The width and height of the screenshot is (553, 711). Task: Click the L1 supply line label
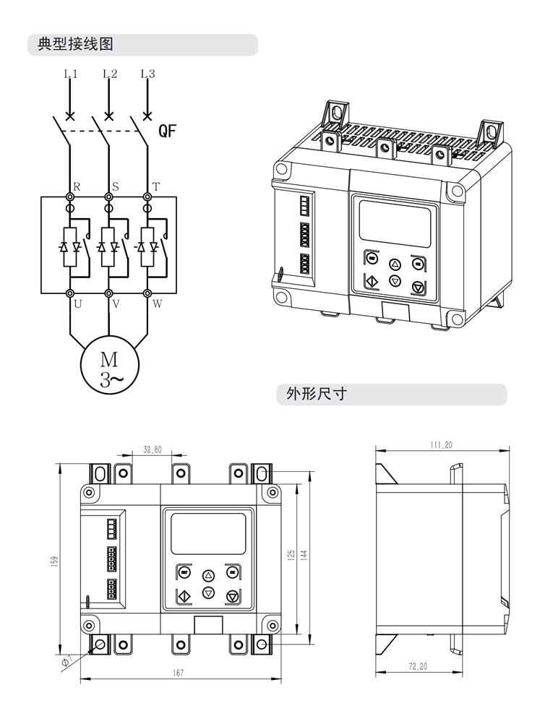[x=70, y=74]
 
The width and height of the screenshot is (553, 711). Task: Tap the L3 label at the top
[x=148, y=74]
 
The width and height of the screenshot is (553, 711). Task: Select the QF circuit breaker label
[x=168, y=131]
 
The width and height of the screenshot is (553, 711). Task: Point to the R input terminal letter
[x=77, y=186]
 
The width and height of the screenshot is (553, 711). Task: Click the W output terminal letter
[x=156, y=304]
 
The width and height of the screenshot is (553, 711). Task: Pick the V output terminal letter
[x=116, y=304]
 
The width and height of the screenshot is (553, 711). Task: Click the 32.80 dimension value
[x=153, y=449]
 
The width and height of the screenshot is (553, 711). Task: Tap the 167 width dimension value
[x=179, y=673]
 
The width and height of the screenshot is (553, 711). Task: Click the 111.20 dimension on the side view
[x=441, y=445]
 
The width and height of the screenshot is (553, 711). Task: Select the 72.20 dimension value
[x=418, y=666]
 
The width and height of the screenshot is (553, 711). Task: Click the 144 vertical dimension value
[x=304, y=554]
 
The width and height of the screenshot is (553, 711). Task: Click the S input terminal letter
[x=116, y=186]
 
